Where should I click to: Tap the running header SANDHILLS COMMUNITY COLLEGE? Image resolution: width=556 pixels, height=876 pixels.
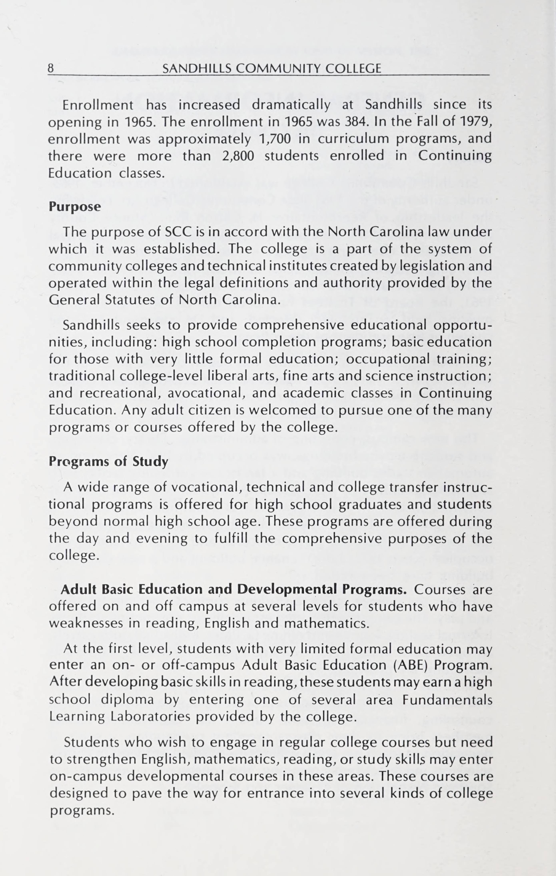tap(272, 68)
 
